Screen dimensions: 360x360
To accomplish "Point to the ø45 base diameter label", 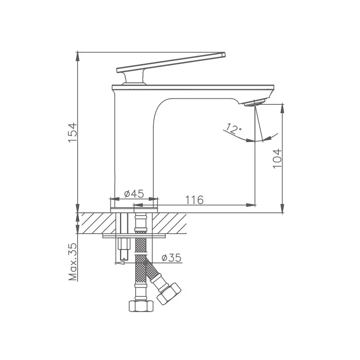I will (134, 194).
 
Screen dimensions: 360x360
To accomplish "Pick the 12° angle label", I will (234, 128).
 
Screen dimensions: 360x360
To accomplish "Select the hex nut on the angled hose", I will (169, 294).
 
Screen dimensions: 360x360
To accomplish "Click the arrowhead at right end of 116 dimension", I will (252, 206).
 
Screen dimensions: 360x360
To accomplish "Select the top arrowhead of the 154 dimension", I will (77, 56).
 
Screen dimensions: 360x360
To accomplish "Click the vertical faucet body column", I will (134, 148).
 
